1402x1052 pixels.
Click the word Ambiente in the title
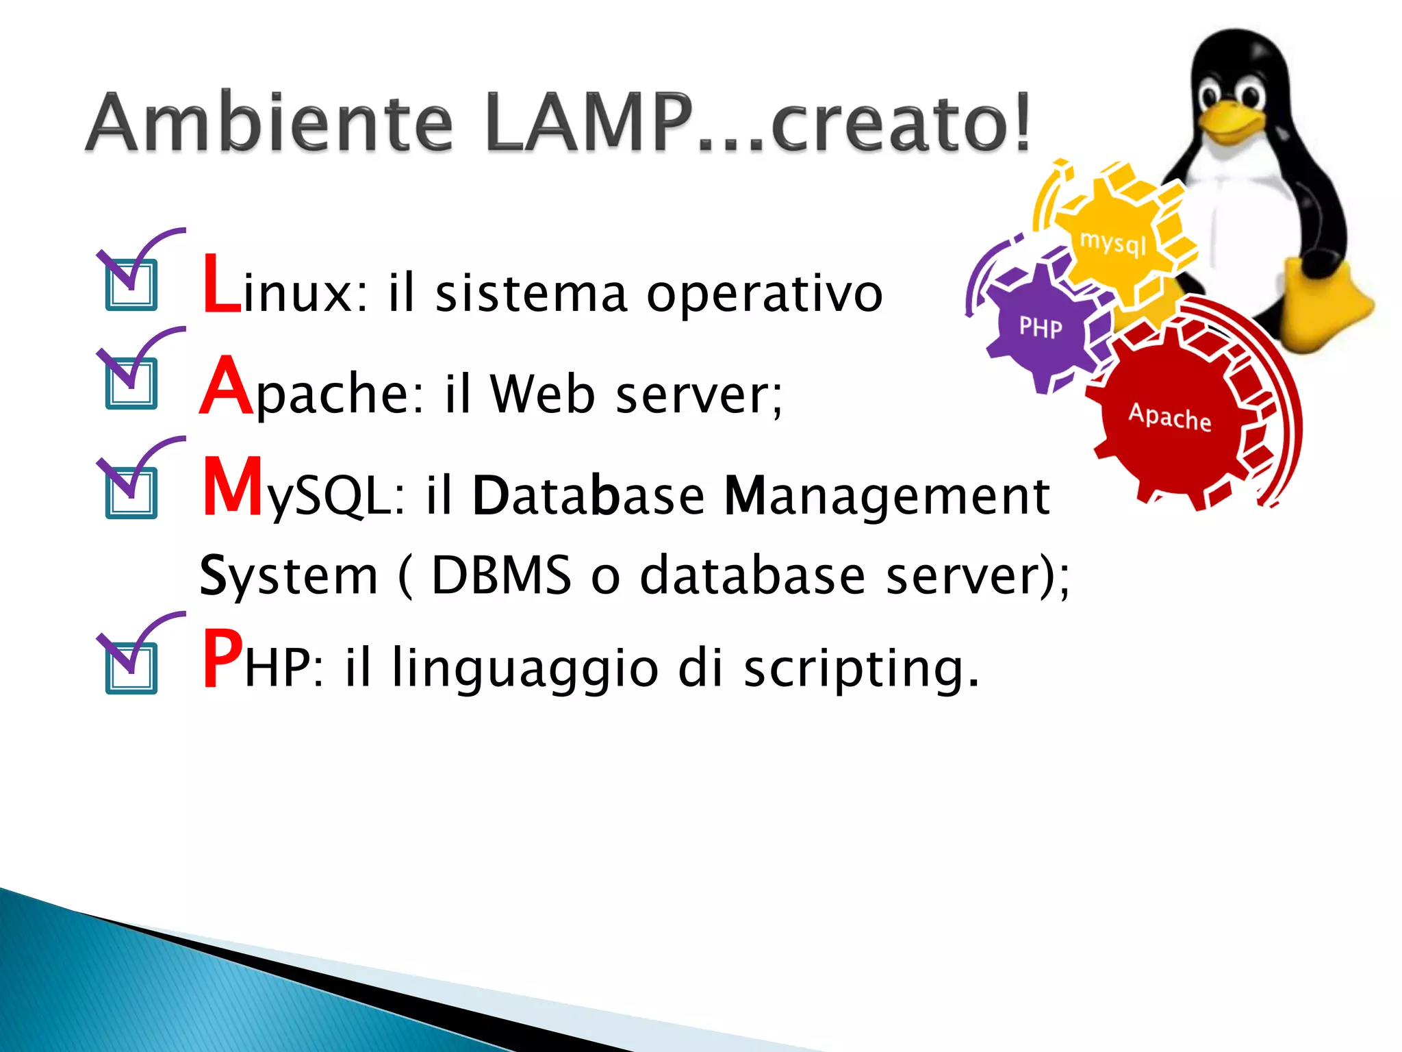pyautogui.click(x=269, y=123)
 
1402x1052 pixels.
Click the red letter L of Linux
pyautogui.click(x=220, y=285)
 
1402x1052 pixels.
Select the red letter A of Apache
pyautogui.click(x=226, y=387)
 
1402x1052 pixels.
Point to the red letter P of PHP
pyautogui.click(x=222, y=659)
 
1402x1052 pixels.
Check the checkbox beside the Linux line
pyautogui.click(x=131, y=285)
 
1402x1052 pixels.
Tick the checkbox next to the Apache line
pyautogui.click(x=131, y=384)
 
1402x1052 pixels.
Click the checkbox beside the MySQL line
pyautogui.click(x=131, y=493)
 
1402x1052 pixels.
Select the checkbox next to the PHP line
pyautogui.click(x=131, y=668)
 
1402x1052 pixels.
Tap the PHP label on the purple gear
pyautogui.click(x=1041, y=328)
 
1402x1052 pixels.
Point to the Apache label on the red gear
pyautogui.click(x=1169, y=417)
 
